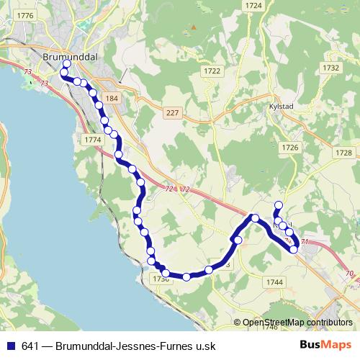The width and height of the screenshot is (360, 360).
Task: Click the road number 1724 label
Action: click(x=253, y=5)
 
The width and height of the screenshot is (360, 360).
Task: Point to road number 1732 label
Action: click(x=330, y=67)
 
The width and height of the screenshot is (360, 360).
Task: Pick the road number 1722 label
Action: click(x=212, y=71)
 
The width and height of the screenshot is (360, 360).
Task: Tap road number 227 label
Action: click(x=171, y=112)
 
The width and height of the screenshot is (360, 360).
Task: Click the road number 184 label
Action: click(x=111, y=98)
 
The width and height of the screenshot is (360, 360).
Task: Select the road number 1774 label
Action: click(x=92, y=139)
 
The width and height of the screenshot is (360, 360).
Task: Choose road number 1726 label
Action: click(x=289, y=147)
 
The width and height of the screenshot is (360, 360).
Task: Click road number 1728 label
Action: click(x=343, y=153)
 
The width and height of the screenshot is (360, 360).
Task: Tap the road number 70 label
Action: click(x=349, y=273)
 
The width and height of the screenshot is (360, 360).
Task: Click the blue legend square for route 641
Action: click(x=11, y=345)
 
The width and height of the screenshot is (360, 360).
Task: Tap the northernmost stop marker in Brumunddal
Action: click(x=66, y=64)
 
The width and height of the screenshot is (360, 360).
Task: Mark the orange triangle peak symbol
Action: click(x=192, y=28)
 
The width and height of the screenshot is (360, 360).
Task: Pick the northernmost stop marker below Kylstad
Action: click(x=279, y=205)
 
